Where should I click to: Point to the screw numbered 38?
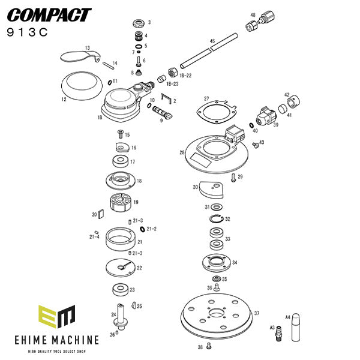point(208,345)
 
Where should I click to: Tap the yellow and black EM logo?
point(57,316)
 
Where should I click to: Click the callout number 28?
point(181,153)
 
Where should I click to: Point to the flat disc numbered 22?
point(122,267)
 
